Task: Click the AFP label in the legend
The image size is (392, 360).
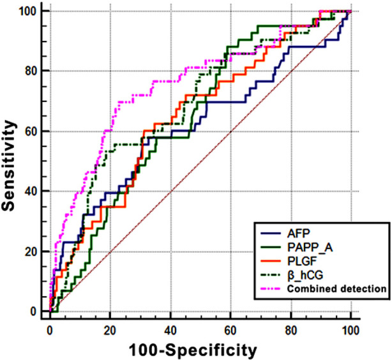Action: (299, 233)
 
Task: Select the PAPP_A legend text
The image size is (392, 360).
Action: (310, 248)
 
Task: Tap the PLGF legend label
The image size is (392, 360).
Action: (302, 261)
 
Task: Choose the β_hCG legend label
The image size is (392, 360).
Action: (305, 275)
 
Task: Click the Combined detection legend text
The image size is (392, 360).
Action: (336, 289)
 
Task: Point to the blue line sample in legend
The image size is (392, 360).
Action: (271, 234)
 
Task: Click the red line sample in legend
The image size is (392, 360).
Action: (271, 261)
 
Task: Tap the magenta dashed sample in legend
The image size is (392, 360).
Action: (271, 289)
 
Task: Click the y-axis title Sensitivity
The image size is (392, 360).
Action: (8, 166)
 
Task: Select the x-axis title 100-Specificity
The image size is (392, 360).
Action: (193, 350)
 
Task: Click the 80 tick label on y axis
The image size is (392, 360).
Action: (31, 71)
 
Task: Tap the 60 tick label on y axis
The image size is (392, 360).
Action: (31, 131)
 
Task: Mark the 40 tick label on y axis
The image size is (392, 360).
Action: (31, 191)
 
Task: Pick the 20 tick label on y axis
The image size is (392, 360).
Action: (31, 251)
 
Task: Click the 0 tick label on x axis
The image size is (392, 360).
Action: (50, 331)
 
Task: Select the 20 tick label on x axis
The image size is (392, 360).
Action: (110, 331)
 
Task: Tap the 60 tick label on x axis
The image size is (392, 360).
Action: (230, 331)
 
